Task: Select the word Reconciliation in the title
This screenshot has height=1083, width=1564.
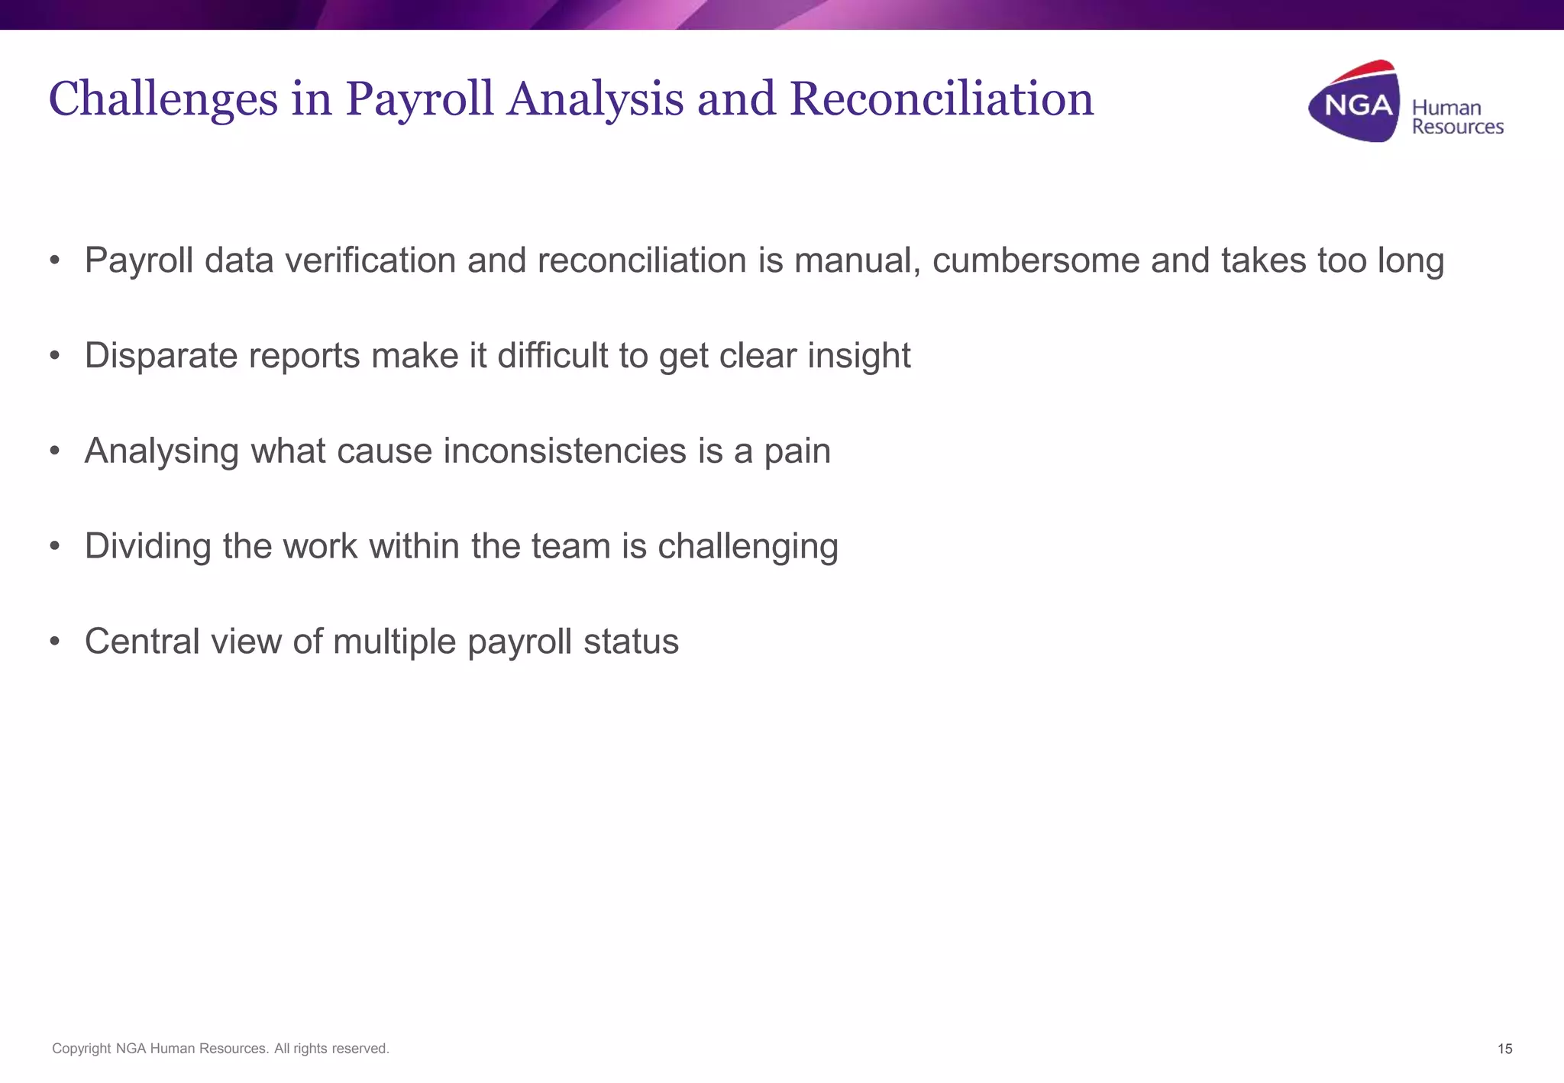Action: coord(941,99)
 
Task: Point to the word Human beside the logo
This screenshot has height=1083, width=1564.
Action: coord(1446,108)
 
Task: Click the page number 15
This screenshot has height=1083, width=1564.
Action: coord(1504,1049)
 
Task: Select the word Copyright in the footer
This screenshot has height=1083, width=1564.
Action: coord(81,1049)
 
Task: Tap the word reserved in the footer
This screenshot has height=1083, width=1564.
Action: coord(359,1049)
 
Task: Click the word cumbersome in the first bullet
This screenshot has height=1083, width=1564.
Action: coord(1036,260)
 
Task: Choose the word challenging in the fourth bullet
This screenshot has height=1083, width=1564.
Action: coord(748,547)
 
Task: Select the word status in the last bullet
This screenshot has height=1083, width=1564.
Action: coord(631,642)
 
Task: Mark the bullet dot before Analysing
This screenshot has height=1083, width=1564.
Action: coord(54,451)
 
